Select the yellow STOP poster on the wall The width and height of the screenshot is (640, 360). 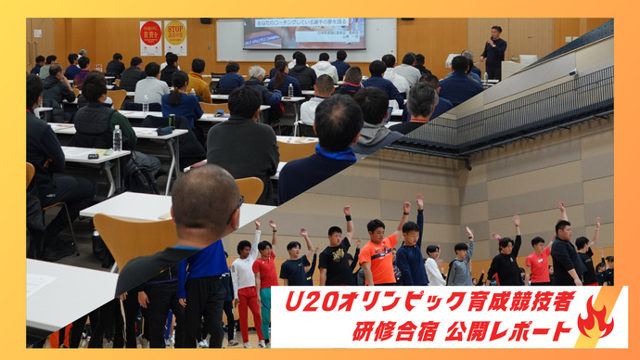pyautogui.click(x=175, y=34)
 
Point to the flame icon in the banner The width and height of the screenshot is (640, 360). pyautogui.click(x=594, y=319)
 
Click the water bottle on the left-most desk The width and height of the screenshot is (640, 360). pyautogui.click(x=117, y=138)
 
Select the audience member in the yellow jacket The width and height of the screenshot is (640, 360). pyautogui.click(x=198, y=81)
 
